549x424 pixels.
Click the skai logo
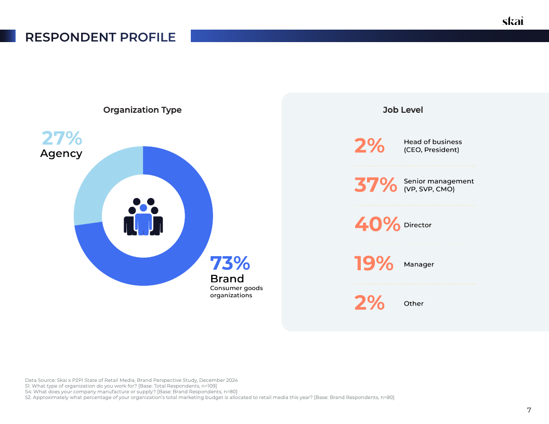click(x=513, y=21)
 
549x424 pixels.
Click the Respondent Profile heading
click(x=100, y=37)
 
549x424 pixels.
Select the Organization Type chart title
click(x=142, y=110)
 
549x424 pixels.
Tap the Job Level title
click(x=403, y=110)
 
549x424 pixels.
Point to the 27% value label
click(x=61, y=138)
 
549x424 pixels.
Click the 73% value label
click(x=230, y=263)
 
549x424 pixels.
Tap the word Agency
click(x=61, y=154)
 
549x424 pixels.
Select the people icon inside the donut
click(x=143, y=216)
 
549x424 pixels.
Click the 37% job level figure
click(x=375, y=185)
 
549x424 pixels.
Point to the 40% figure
click(x=377, y=224)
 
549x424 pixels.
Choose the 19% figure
click(x=374, y=264)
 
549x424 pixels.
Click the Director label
click(x=417, y=225)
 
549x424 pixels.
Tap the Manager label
click(x=419, y=264)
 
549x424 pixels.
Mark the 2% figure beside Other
click(x=370, y=303)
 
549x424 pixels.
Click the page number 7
click(x=529, y=410)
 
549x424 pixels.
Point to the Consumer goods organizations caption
click(x=236, y=291)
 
